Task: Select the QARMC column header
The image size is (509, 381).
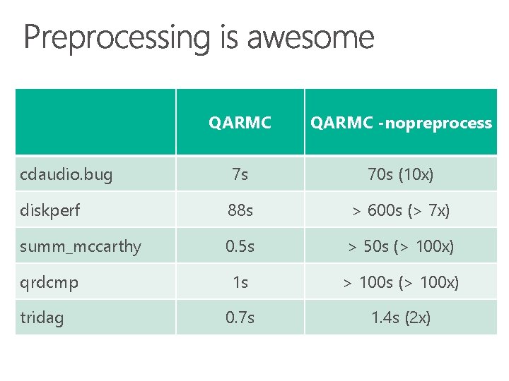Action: tap(240, 123)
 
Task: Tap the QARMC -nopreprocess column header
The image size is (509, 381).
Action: tap(401, 123)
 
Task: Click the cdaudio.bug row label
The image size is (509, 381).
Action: tap(66, 174)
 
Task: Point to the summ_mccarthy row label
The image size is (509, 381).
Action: tap(81, 246)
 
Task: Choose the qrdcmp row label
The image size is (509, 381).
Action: tap(49, 282)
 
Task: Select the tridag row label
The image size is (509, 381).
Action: tap(42, 317)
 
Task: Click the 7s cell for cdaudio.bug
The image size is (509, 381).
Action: tap(240, 174)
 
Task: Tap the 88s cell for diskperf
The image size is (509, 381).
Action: tap(240, 210)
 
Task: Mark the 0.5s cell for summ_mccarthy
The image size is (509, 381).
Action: tap(240, 246)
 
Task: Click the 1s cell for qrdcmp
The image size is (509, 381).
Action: tap(240, 282)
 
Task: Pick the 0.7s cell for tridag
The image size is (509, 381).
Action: tap(240, 317)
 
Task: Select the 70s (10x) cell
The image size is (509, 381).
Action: tap(401, 174)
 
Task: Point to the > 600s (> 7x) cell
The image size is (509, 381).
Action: tap(401, 210)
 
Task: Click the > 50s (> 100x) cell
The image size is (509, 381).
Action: tap(401, 246)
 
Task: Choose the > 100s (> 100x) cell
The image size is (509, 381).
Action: tap(401, 282)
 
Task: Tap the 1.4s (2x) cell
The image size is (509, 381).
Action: tap(401, 317)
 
